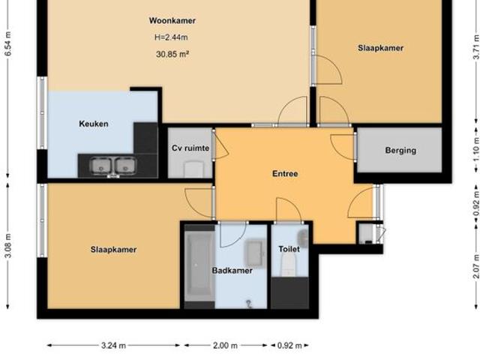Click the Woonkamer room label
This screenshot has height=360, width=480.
(x=172, y=21)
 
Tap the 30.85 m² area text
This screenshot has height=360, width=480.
(x=172, y=54)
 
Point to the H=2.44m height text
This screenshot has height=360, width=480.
(x=172, y=37)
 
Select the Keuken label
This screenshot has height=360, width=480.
(x=94, y=124)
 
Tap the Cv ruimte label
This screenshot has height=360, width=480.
(x=190, y=149)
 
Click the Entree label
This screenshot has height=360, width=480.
(x=285, y=174)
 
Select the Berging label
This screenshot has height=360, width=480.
(x=400, y=150)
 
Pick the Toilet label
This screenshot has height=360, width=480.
(x=289, y=248)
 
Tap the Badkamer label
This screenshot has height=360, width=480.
(x=232, y=271)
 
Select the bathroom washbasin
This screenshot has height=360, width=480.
(x=254, y=253)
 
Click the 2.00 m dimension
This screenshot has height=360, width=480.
(x=224, y=346)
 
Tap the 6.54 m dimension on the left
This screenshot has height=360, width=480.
(x=7, y=45)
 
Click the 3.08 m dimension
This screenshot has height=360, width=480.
(x=7, y=245)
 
